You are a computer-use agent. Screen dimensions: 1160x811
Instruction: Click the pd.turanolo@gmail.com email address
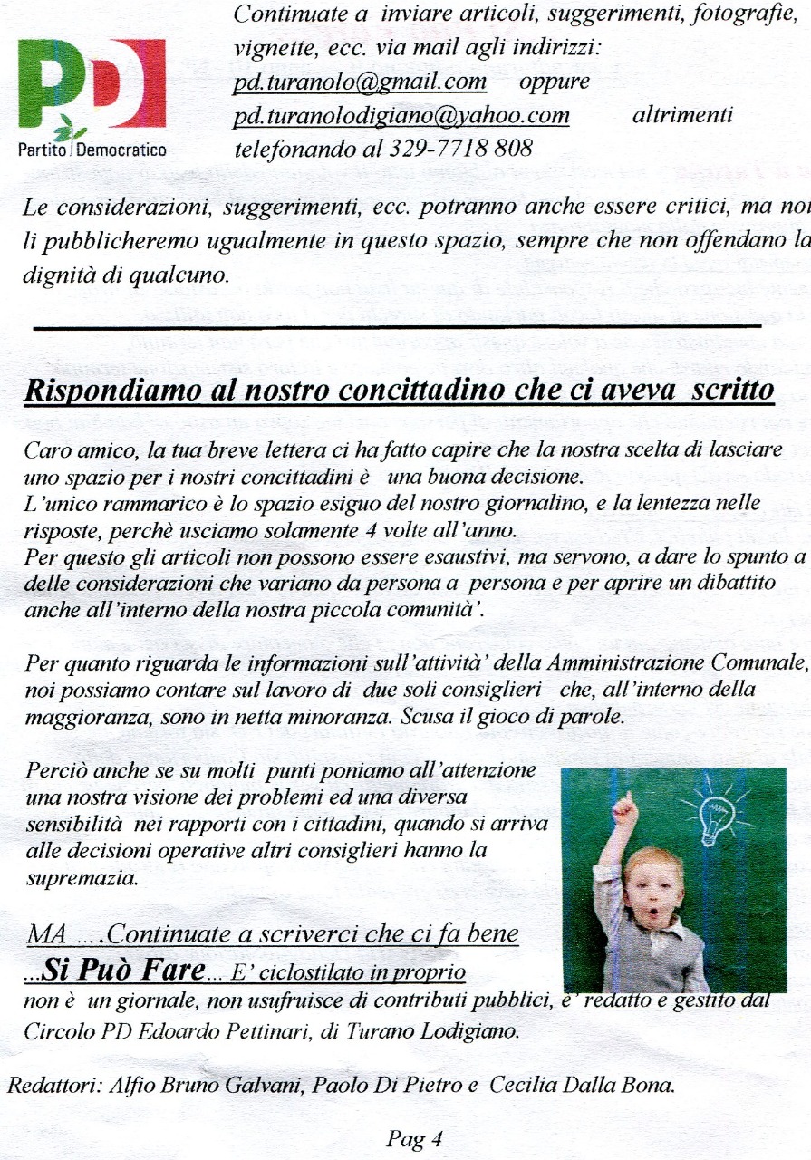[x=360, y=82]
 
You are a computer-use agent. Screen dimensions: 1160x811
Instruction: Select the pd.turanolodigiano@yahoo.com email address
[x=401, y=116]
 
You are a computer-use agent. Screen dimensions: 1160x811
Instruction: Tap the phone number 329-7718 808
[x=447, y=149]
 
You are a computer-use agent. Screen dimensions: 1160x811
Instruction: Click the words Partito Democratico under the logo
[x=92, y=150]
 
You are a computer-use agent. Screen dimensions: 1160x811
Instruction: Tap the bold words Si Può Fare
[x=124, y=971]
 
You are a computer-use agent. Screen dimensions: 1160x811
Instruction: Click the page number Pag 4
[x=413, y=1139]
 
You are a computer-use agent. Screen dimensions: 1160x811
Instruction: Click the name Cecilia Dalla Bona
[x=582, y=1087]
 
